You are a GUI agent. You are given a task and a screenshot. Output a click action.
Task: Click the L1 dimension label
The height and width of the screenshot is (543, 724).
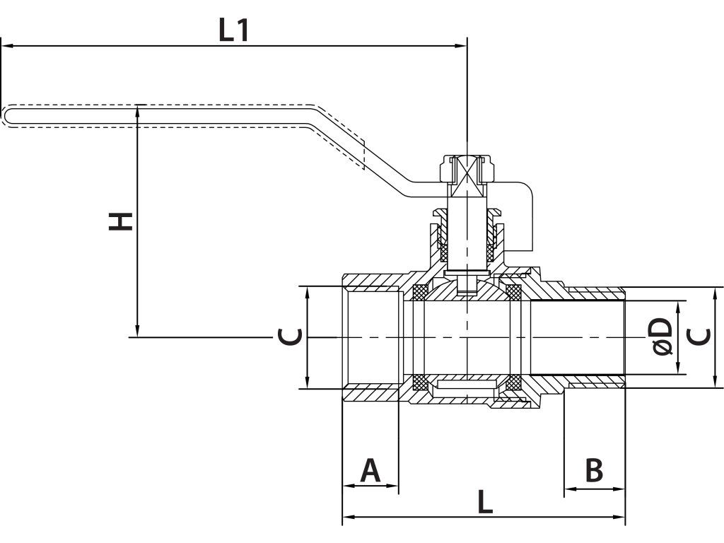[x=233, y=30]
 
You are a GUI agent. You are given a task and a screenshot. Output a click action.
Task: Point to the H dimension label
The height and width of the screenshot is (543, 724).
[x=120, y=221]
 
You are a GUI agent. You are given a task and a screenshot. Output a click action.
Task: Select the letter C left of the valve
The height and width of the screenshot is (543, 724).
[x=291, y=337]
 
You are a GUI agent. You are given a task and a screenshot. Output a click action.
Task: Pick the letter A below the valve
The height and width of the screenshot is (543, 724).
[x=370, y=470]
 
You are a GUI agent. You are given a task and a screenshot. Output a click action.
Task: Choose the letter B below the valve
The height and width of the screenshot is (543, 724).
[x=594, y=470]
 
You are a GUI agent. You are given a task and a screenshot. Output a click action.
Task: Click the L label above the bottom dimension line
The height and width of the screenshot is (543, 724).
[x=485, y=502]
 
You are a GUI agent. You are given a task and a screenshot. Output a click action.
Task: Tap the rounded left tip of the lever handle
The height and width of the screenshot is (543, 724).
[x=5, y=115]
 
